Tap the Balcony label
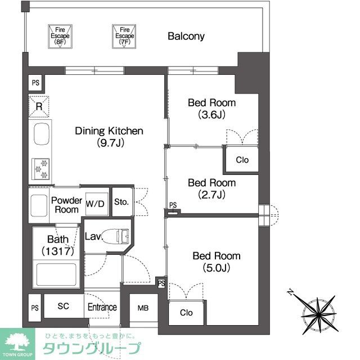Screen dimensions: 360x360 coord(186,37)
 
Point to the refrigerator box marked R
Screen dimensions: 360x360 coord(39,106)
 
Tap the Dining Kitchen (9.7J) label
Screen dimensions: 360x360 coord(110,137)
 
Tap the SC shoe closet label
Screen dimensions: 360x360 coord(64,307)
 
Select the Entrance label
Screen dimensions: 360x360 coord(102,308)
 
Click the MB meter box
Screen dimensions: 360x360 coord(143,308)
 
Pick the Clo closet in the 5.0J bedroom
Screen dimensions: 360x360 coord(186,313)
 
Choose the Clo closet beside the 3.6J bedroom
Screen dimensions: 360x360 coord(242,160)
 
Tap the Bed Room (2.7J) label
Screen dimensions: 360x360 coord(211,189)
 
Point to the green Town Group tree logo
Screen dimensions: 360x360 coord(17,340)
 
